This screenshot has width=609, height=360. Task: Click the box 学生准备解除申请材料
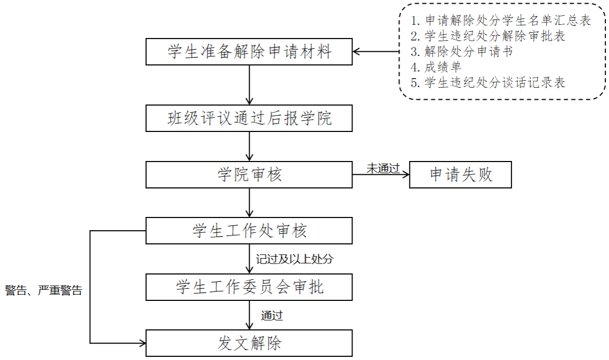[249, 52]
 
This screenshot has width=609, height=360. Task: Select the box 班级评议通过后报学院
[249, 118]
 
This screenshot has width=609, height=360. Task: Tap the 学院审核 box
[249, 175]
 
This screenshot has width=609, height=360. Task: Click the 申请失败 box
[461, 175]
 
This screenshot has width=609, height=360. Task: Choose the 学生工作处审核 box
[249, 231]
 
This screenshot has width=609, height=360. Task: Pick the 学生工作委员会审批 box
[249, 287]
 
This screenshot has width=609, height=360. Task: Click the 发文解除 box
[249, 343]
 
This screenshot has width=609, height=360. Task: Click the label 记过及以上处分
[295, 259]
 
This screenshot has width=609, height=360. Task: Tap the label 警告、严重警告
[44, 290]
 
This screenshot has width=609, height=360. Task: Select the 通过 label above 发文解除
[272, 316]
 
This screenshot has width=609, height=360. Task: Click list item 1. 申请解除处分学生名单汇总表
[501, 21]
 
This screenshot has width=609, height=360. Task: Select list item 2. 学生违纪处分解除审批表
[488, 36]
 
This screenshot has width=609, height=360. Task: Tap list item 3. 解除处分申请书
[462, 52]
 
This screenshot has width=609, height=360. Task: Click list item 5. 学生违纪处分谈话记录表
[488, 83]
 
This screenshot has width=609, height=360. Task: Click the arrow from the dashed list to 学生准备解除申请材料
[376, 52]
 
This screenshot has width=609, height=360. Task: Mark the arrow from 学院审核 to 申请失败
[381, 175]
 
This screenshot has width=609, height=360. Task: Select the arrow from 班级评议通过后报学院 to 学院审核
[249, 146]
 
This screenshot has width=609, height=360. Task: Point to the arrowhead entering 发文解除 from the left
[142, 343]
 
